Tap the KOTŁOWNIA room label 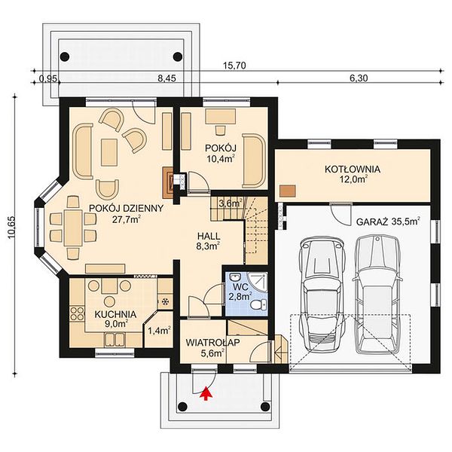[353, 169]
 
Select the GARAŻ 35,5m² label [388, 221]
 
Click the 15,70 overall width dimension [234, 66]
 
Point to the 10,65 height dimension [12, 228]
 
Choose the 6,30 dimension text [359, 78]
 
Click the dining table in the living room [73, 228]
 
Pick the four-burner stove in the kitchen [77, 313]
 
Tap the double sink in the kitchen [115, 339]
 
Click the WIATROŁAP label [213, 343]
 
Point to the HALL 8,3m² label [209, 241]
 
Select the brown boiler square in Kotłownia [288, 191]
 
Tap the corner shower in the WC [258, 282]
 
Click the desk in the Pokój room [221, 117]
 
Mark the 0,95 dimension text [48, 78]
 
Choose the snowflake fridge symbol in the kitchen [166, 302]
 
